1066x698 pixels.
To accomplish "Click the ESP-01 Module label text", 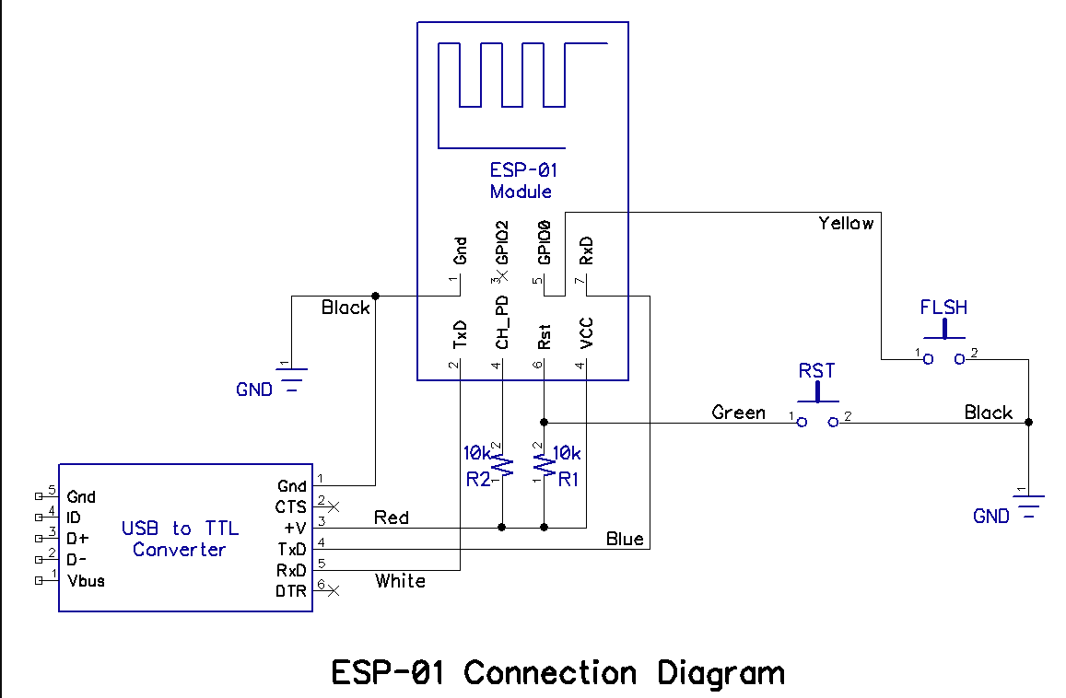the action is pyautogui.click(x=521, y=180).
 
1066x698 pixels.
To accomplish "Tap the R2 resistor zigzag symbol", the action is pyautogui.click(x=502, y=466).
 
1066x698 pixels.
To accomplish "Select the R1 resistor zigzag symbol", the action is pyautogui.click(x=544, y=466).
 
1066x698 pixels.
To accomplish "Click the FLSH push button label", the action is pyautogui.click(x=943, y=308).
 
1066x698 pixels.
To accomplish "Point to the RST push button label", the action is pyautogui.click(x=816, y=371).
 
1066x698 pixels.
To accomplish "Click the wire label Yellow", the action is pyautogui.click(x=846, y=223).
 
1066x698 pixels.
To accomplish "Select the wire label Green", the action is pyautogui.click(x=738, y=413).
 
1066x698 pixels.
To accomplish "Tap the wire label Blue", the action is pyautogui.click(x=625, y=539).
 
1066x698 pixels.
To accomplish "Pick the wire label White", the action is pyautogui.click(x=401, y=581).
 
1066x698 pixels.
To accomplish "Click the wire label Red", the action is pyautogui.click(x=392, y=518).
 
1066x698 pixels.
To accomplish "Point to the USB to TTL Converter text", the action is pyautogui.click(x=181, y=539).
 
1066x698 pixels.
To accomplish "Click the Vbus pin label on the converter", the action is pyautogui.click(x=87, y=581).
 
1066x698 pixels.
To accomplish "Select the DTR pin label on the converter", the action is pyautogui.click(x=291, y=591).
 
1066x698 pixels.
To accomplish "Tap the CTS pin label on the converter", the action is pyautogui.click(x=291, y=507).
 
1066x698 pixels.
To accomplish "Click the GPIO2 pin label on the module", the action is pyautogui.click(x=502, y=242).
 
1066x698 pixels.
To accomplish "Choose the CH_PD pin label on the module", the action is pyautogui.click(x=502, y=322).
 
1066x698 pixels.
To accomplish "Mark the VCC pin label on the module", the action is pyautogui.click(x=587, y=333).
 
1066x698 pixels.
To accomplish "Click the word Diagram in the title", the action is pyautogui.click(x=721, y=673).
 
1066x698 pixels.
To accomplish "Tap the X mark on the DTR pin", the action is pyautogui.click(x=333, y=591).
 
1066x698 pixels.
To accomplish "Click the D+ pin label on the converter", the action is pyautogui.click(x=77, y=539).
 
